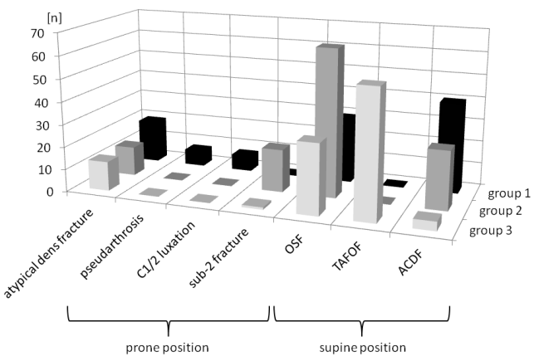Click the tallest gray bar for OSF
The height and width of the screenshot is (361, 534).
(330, 124)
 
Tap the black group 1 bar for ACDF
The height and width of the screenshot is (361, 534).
(453, 145)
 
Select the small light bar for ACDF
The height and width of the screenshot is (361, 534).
(425, 222)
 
